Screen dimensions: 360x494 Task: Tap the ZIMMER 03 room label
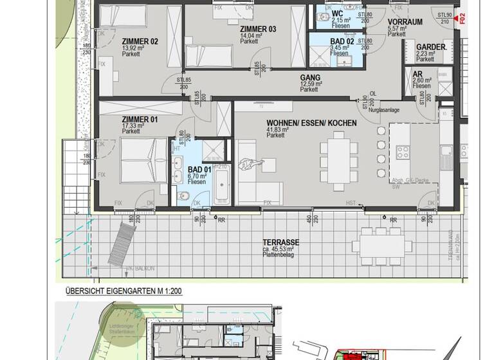(258, 29)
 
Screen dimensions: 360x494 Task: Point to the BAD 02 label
(342, 40)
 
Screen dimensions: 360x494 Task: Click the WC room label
(338, 14)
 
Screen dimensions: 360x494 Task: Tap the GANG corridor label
(309, 77)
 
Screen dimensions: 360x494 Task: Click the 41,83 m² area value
(277, 129)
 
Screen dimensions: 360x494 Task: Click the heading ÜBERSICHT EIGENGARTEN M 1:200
(123, 291)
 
